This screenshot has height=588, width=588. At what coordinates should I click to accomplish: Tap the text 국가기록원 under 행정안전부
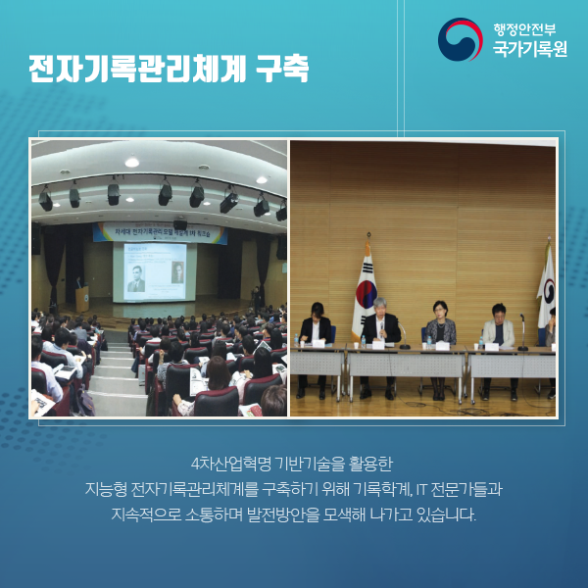530,49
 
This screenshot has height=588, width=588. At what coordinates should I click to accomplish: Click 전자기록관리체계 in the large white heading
135,71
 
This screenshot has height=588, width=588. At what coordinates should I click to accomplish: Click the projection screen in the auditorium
156,270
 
